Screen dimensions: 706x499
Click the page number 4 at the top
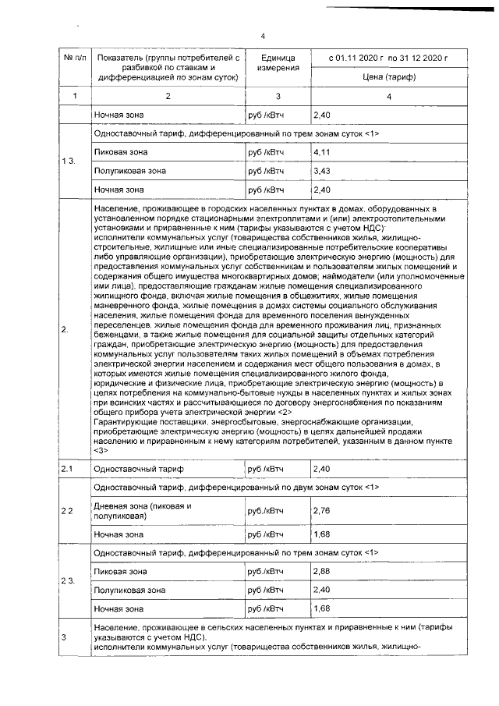[x=263, y=36]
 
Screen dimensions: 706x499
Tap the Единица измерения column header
[x=278, y=63]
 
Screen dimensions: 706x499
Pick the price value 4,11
[x=322, y=152]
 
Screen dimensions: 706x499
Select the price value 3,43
[x=322, y=171]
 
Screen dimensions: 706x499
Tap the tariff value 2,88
[x=322, y=571]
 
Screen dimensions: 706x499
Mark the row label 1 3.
[x=69, y=161]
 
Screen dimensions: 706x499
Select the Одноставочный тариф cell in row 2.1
[x=127, y=469]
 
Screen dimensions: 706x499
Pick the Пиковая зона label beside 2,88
[x=120, y=572]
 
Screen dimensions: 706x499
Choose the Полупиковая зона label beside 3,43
[x=129, y=171]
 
